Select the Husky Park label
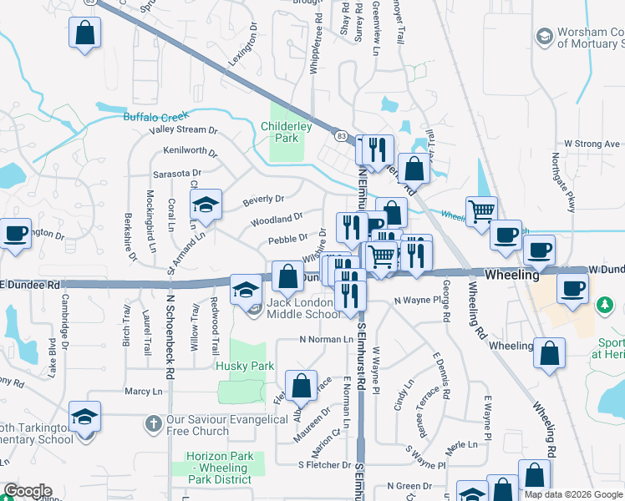245,366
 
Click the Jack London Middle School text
303,308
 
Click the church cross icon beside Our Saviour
152,424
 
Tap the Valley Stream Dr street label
183,130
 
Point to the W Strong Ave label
591,144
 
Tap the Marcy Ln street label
143,391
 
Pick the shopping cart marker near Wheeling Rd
480,211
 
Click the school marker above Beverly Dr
205,205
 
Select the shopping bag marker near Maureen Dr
302,386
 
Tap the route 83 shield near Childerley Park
341,134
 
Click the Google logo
28,491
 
